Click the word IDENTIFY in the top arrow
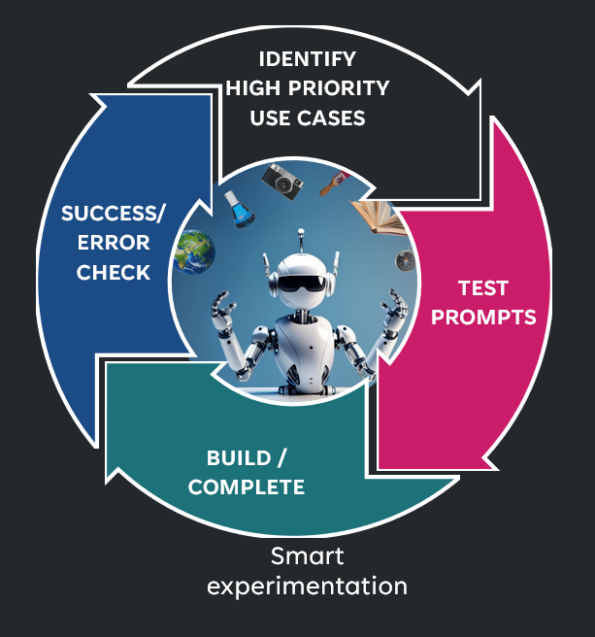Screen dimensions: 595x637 click(x=308, y=59)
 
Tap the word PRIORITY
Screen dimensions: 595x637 click(x=339, y=88)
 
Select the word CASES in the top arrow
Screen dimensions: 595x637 click(x=331, y=118)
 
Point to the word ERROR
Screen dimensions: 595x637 click(x=114, y=243)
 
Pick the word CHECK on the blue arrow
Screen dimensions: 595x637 click(x=114, y=272)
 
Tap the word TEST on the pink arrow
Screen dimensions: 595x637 click(x=483, y=288)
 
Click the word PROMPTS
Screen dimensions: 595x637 click(x=483, y=318)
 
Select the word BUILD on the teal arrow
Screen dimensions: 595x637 click(x=239, y=458)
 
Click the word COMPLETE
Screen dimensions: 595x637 click(x=247, y=487)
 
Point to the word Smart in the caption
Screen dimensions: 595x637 click(x=307, y=556)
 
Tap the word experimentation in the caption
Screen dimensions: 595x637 click(x=307, y=587)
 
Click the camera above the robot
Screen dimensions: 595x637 click(x=281, y=182)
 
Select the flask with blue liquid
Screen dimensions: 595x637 click(x=239, y=209)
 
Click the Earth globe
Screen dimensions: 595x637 click(x=194, y=251)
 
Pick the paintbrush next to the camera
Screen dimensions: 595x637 click(x=335, y=184)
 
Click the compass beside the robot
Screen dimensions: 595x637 click(x=405, y=260)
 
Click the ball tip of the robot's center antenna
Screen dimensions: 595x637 click(x=301, y=232)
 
